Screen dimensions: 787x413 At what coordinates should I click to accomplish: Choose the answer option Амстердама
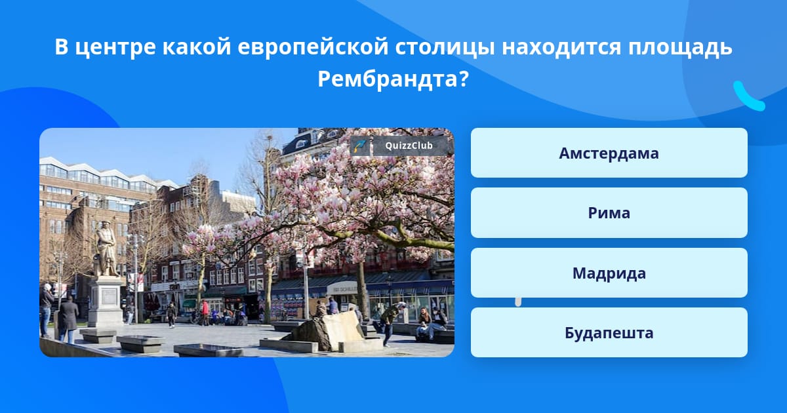coord(609,153)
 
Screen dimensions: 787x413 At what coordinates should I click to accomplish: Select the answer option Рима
coord(609,213)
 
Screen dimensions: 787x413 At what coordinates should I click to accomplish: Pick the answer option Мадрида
coord(609,273)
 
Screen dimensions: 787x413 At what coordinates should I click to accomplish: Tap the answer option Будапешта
coord(609,332)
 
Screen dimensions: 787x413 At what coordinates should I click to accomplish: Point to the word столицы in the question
coord(445,47)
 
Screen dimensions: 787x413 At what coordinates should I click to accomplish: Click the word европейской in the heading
coord(313,47)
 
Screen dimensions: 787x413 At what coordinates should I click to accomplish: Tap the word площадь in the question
coord(680,47)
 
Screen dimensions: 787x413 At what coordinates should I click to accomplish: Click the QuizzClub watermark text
coord(409,146)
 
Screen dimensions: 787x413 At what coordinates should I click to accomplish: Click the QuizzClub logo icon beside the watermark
coord(360,146)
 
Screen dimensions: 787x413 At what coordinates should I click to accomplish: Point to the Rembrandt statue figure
coord(106,248)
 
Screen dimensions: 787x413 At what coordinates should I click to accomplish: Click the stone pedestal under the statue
coord(105,301)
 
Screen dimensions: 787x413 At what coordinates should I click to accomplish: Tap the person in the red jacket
coord(205,312)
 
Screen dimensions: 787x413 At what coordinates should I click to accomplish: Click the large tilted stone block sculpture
coord(329,331)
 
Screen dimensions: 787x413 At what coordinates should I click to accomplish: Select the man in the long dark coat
coord(68,319)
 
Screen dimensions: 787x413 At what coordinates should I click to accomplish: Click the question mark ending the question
coord(464,79)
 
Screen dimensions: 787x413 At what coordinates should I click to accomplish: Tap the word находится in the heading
coord(561,47)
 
